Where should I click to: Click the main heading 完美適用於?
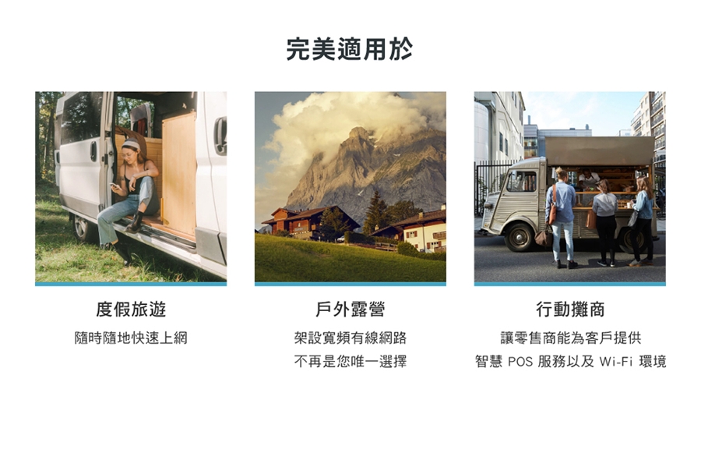coord(350,49)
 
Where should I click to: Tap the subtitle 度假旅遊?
coord(131,309)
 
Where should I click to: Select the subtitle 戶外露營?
coord(350,309)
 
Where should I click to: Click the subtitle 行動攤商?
coord(570,309)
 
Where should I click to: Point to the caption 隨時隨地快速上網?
coord(131,338)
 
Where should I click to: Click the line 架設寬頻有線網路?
coord(350,338)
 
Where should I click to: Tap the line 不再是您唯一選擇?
coord(350,361)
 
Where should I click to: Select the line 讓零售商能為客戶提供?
coord(570,338)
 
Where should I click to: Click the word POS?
coord(520,362)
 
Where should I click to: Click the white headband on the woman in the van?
coord(131,144)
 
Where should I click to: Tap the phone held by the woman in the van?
coord(114,186)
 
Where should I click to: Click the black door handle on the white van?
coord(220,136)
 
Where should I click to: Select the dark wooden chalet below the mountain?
coord(308,221)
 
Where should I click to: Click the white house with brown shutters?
coord(421,233)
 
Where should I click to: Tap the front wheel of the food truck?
coord(519,237)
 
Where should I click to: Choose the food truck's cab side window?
coord(521,182)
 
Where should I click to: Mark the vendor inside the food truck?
coord(590,178)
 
